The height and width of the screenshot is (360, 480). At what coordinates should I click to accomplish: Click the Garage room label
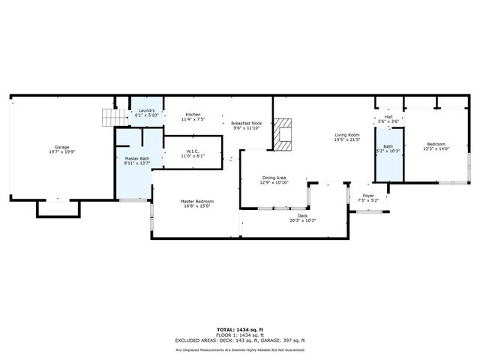[x=61, y=149]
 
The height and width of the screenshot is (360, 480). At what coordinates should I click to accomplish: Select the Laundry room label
[x=146, y=113]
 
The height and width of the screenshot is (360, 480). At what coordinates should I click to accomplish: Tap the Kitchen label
[x=193, y=117]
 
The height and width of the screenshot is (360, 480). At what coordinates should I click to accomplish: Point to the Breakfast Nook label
[x=246, y=125]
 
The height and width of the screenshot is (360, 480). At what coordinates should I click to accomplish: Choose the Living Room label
[x=347, y=137]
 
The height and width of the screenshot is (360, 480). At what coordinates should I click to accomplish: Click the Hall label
[x=388, y=118]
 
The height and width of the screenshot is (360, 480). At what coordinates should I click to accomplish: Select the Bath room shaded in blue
[x=388, y=149]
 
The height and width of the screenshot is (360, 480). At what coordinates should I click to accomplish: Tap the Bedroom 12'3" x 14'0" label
[x=436, y=146]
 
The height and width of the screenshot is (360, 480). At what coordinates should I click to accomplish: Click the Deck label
[x=302, y=217]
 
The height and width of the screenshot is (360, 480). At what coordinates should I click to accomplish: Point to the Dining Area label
[x=273, y=180]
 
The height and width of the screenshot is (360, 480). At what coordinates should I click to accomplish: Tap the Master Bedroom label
[x=196, y=203]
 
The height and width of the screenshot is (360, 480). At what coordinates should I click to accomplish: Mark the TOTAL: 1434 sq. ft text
[x=240, y=329]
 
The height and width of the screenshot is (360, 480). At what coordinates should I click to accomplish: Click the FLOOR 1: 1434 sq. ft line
[x=240, y=335]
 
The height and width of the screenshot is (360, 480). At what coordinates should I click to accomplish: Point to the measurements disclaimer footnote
[x=240, y=349]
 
